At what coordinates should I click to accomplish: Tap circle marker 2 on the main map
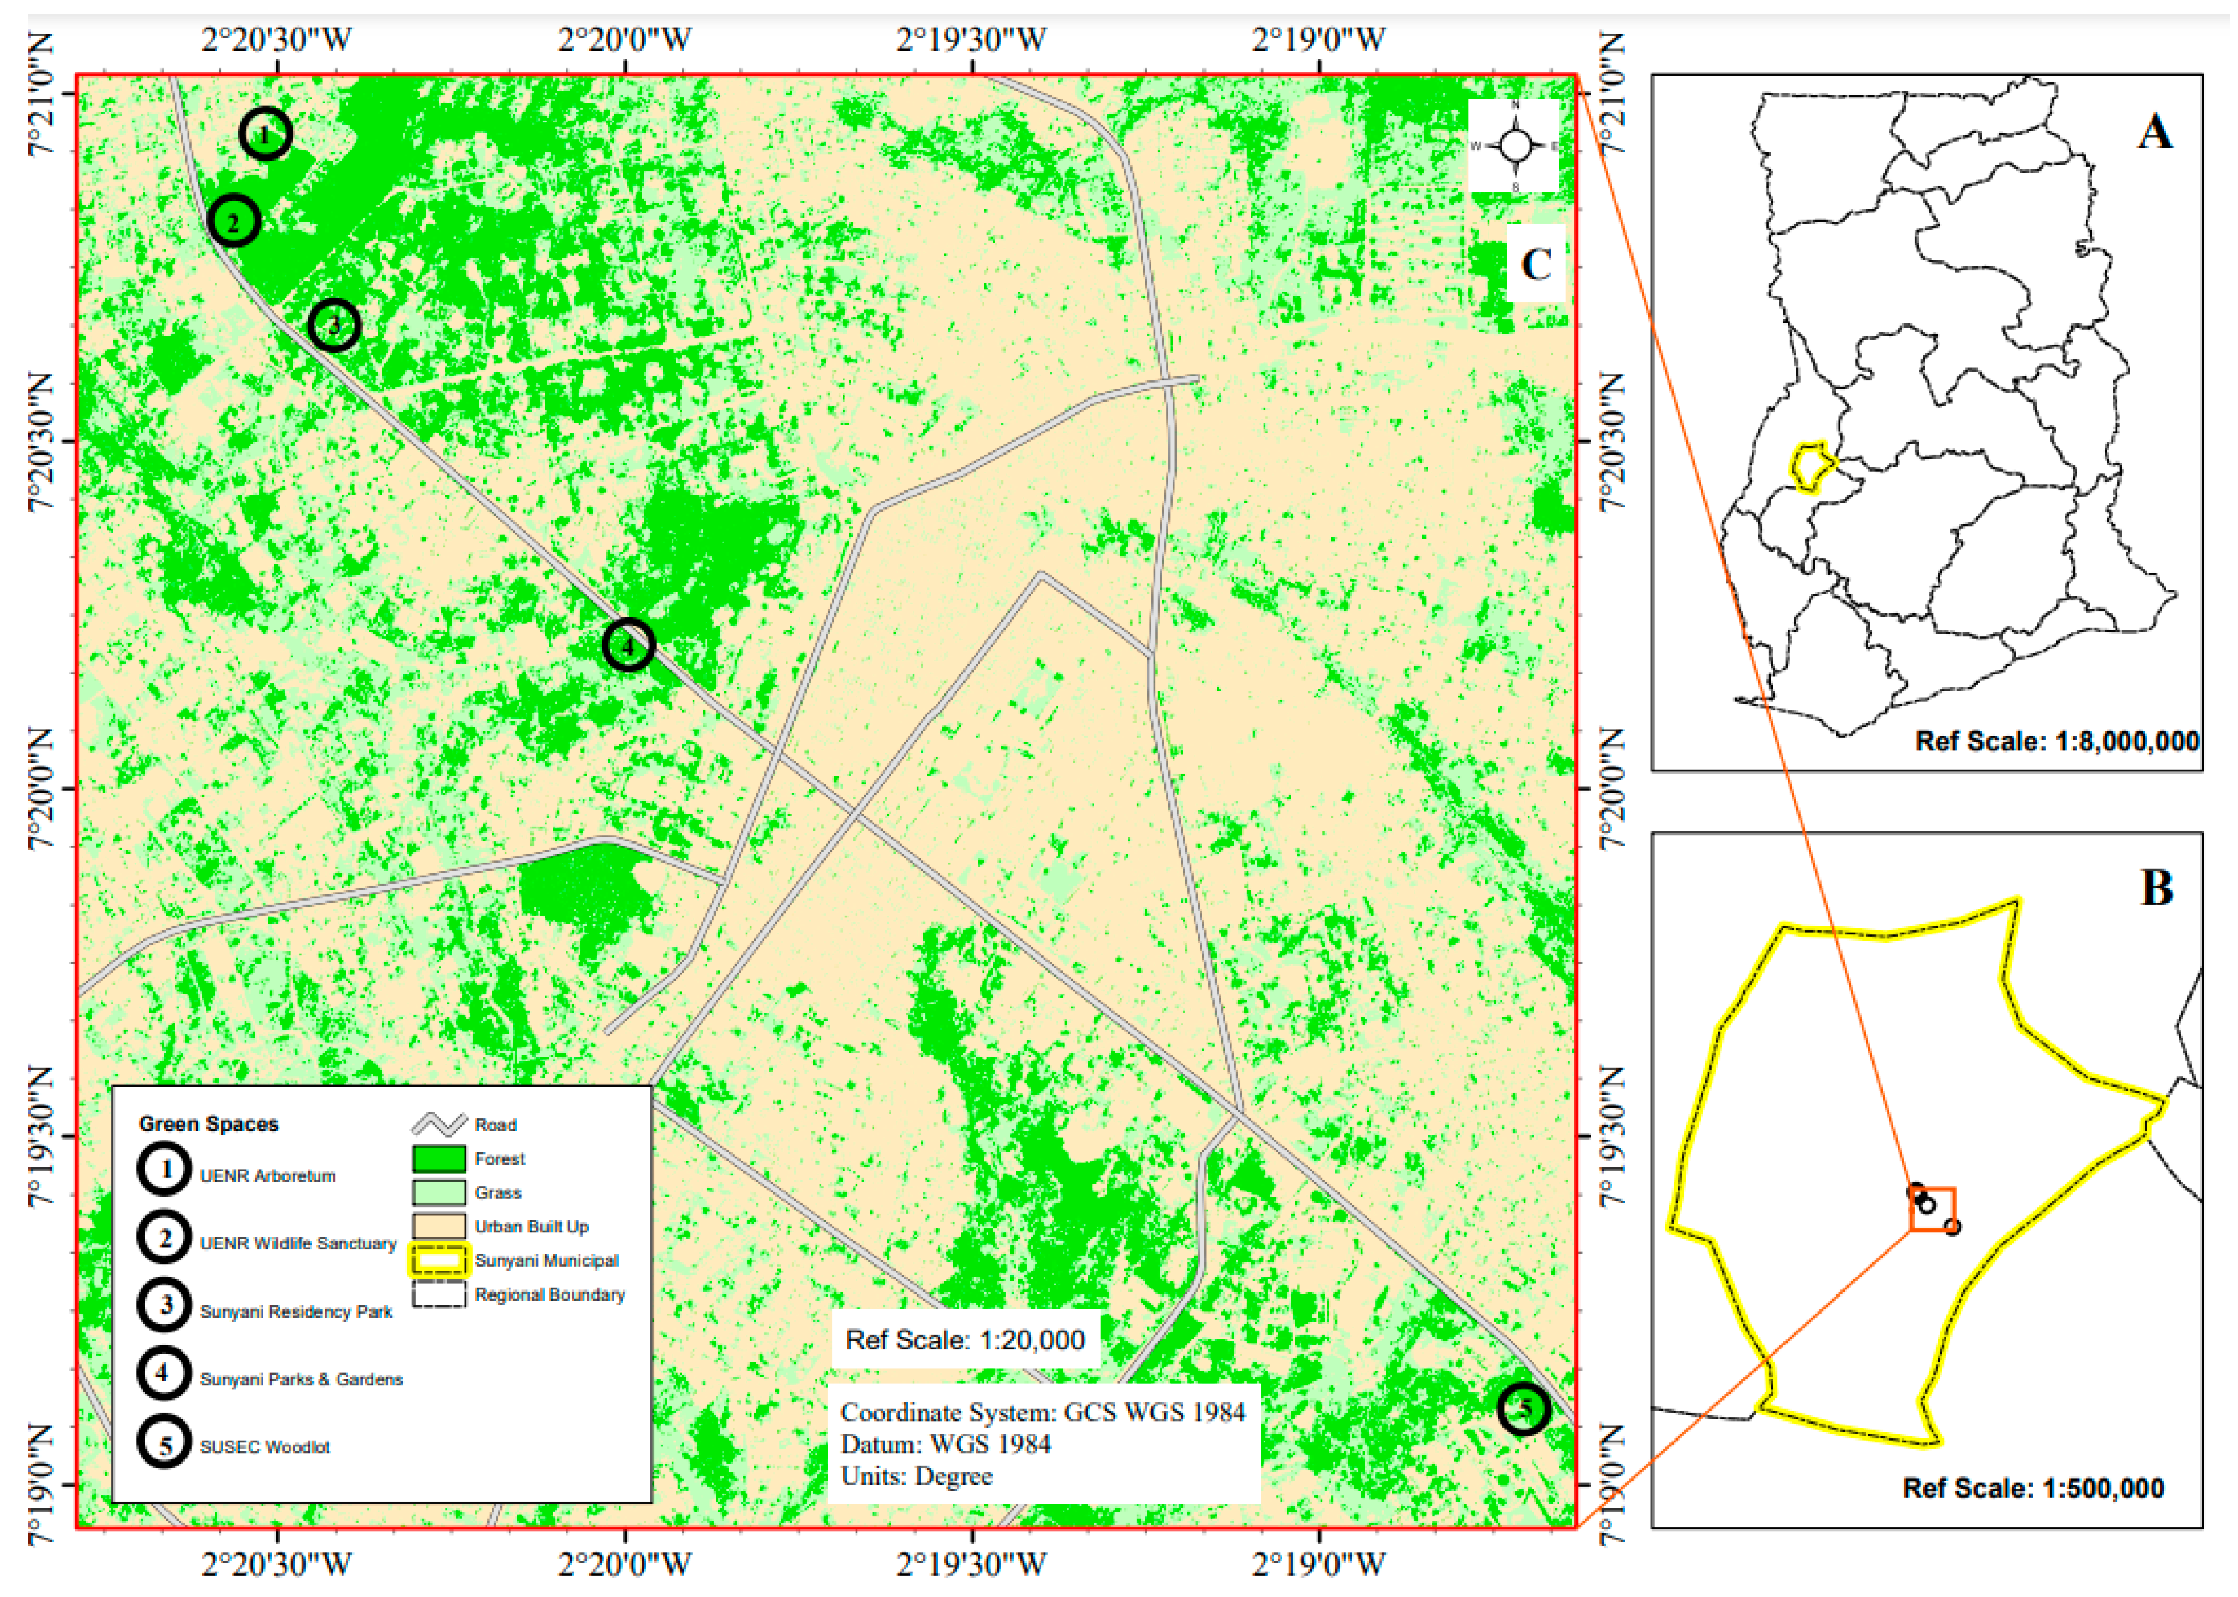tap(234, 221)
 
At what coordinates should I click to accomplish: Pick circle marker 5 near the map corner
tap(1523, 1408)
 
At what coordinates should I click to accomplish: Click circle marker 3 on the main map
tap(335, 326)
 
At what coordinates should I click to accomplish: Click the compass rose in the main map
tap(1514, 146)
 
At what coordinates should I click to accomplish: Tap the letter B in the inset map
tap(2156, 887)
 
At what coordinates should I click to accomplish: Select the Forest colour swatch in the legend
tap(439, 1158)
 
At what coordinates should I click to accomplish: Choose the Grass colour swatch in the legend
tap(439, 1192)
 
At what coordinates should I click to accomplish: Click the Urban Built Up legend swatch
tap(439, 1227)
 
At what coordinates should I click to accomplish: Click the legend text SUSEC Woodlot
tap(265, 1446)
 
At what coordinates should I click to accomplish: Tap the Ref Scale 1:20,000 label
tap(964, 1339)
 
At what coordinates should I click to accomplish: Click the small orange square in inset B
tap(1932, 1208)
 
